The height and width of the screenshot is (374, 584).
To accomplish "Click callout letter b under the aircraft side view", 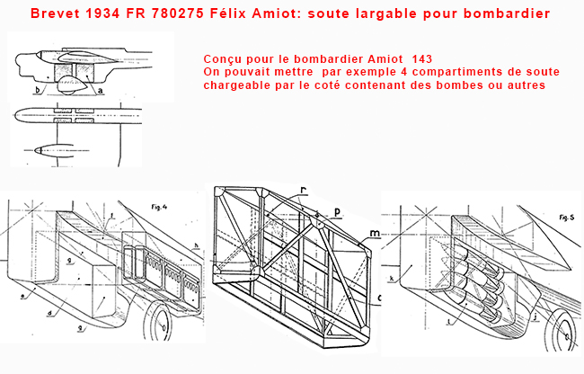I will tap(37, 91).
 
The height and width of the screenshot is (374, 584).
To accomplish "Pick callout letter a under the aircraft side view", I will tap(100, 91).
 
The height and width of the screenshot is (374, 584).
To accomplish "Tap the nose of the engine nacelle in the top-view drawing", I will tap(30, 151).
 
